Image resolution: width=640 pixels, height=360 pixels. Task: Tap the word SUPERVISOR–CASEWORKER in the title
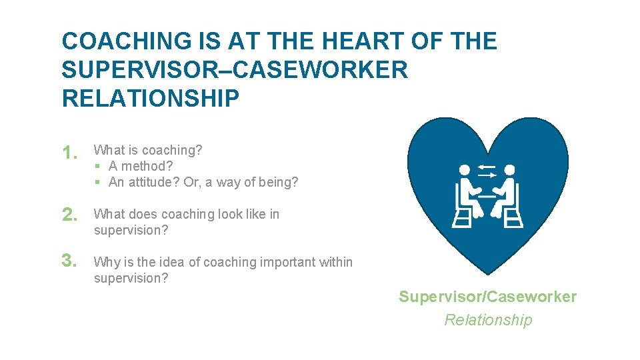pyautogui.click(x=235, y=70)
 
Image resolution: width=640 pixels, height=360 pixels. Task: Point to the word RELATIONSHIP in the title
pyautogui.click(x=151, y=99)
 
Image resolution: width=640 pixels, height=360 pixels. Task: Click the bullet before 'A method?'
pyautogui.click(x=97, y=167)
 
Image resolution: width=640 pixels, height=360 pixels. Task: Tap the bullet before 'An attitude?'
pyautogui.click(x=97, y=183)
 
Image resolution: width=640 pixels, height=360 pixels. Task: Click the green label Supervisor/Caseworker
pyautogui.click(x=487, y=297)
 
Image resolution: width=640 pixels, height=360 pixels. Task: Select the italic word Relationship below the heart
pyautogui.click(x=488, y=320)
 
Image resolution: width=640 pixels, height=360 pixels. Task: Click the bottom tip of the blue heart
pyautogui.click(x=488, y=273)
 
